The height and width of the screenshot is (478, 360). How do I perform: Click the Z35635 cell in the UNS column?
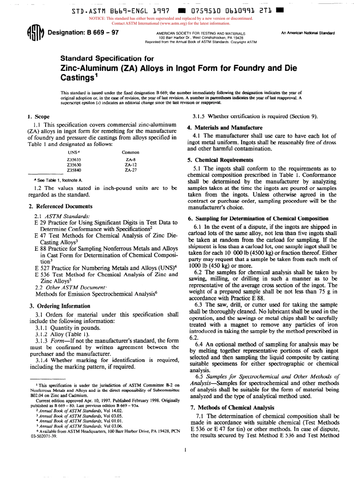74,149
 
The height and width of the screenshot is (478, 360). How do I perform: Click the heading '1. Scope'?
39,117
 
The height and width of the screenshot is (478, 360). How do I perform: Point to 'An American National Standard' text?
308,33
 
